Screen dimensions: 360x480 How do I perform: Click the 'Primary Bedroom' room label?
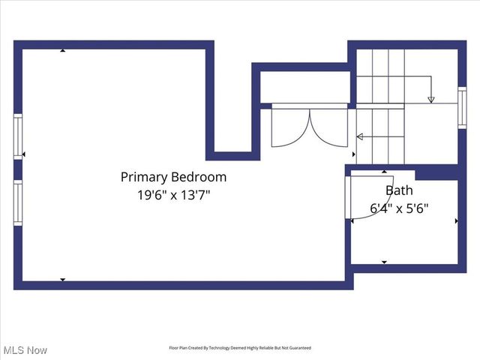[x=173, y=178]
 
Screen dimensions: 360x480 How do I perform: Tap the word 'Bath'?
[x=398, y=190]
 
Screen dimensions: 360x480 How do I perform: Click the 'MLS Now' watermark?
[x=25, y=350]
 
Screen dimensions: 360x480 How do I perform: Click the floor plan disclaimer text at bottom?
[x=239, y=348]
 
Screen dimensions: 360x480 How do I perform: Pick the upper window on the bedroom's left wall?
[x=18, y=136]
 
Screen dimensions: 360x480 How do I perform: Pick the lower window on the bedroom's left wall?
[x=18, y=202]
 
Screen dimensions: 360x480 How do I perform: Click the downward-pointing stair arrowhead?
[x=430, y=99]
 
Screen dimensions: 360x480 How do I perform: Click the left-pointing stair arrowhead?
[x=359, y=136]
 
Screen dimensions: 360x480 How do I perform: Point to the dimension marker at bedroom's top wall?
[x=63, y=51]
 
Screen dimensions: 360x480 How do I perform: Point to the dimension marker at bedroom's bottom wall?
[x=63, y=280]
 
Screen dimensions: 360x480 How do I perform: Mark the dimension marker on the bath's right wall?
[x=456, y=220]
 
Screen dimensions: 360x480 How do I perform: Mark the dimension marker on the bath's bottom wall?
[x=384, y=262]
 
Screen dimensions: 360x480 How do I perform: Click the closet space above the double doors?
[x=304, y=87]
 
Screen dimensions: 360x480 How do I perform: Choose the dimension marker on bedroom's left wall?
[x=24, y=154]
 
